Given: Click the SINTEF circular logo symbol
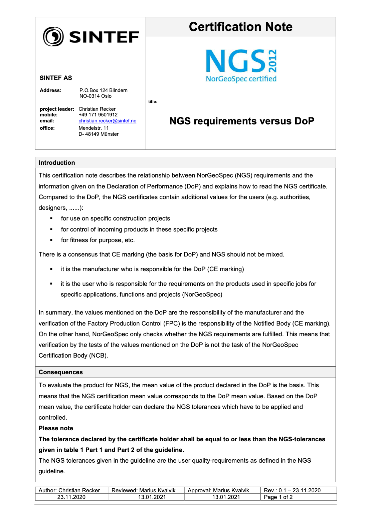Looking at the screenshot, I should [53, 36].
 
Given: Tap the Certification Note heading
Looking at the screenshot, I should [240, 27].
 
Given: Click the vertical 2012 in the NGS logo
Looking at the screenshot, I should [273, 61].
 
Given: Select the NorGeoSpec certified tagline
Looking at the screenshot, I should [241, 79].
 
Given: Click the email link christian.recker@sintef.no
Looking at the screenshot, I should [107, 121].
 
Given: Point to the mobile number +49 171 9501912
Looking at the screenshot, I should [98, 115].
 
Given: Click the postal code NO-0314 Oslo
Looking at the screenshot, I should [96, 96].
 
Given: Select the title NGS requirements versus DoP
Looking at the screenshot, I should [242, 121].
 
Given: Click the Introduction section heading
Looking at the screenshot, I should [57, 163].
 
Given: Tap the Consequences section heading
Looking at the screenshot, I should [61, 372].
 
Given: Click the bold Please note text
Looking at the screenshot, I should [56, 428].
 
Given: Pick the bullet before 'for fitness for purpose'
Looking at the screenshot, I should [51, 240].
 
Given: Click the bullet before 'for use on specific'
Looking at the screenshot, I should [51, 218].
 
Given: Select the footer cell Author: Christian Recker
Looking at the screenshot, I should [69, 490].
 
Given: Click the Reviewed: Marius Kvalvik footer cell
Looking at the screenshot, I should [143, 490].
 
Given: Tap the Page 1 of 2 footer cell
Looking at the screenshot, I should [278, 497].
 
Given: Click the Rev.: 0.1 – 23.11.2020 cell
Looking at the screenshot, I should [292, 490].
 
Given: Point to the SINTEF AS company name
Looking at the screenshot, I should [56, 78].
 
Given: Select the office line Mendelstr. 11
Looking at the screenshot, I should [94, 128].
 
